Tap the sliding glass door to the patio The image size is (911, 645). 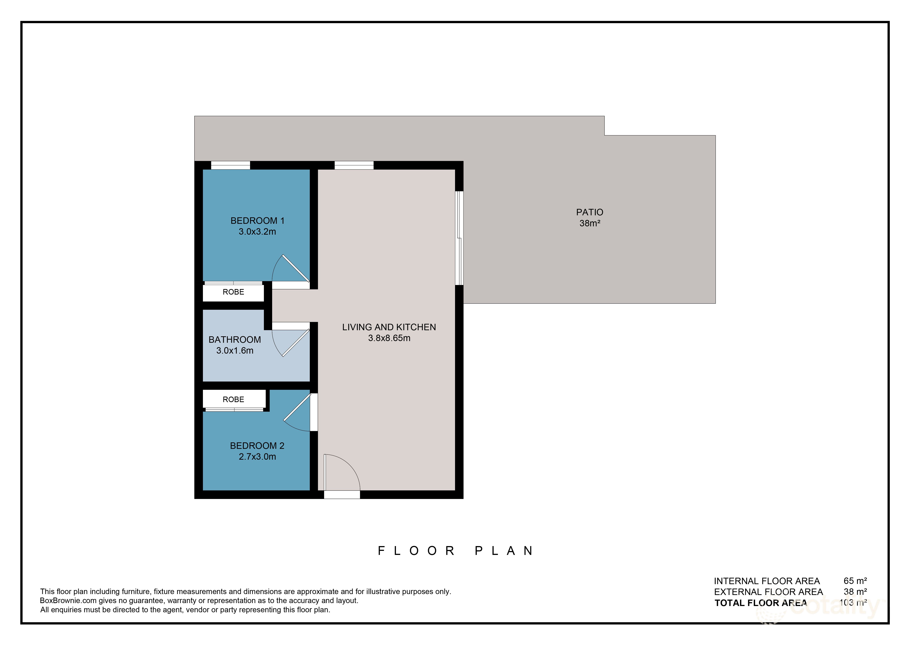pos(459,238)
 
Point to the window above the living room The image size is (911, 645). pos(354,165)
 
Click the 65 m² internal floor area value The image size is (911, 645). pos(855,581)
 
